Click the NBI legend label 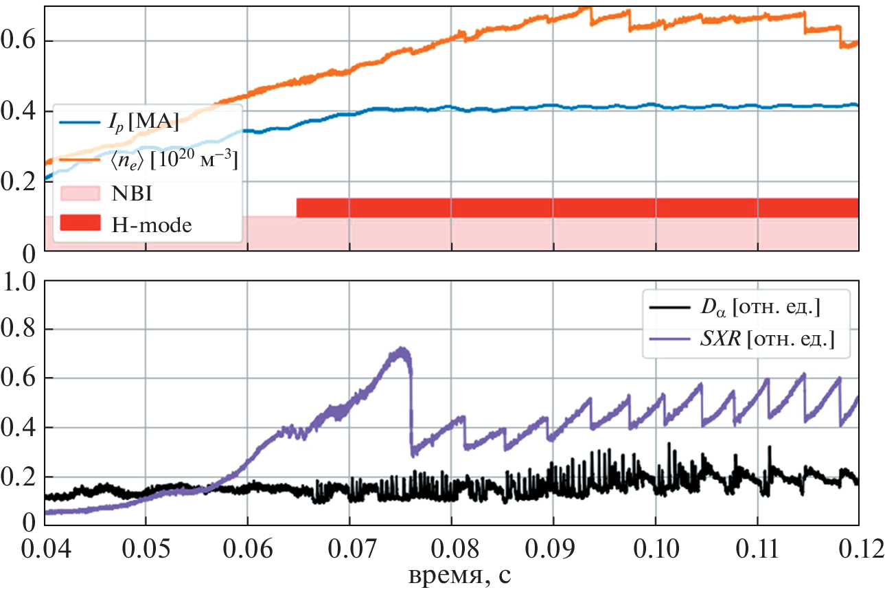pos(130,193)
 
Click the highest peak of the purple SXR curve pos(401,349)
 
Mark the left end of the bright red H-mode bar pos(298,207)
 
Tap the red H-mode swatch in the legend pos(80,223)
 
